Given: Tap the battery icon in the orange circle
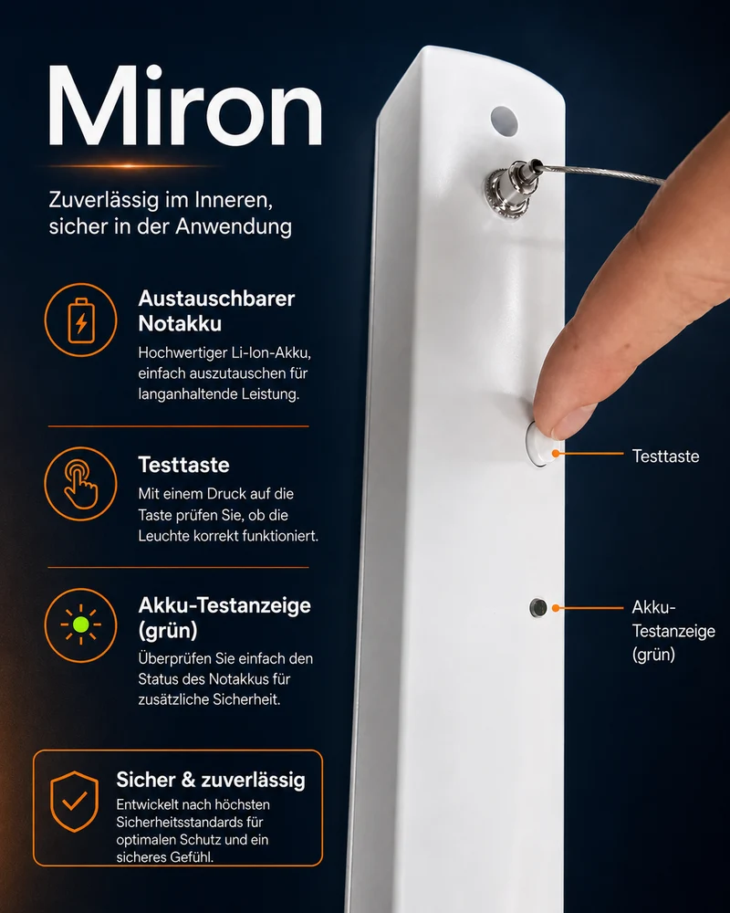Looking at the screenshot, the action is pos(81,320).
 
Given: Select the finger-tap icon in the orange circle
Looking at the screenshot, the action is pos(81,484).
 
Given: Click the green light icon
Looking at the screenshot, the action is pos(81,624).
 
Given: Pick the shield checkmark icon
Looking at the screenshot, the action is pos(75,802).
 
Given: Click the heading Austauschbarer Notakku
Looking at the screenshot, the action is pos(216,311).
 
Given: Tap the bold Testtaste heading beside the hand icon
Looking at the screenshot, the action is pos(184,465).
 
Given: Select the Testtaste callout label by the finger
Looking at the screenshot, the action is pos(665,456).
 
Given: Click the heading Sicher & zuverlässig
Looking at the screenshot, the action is pos(211,779).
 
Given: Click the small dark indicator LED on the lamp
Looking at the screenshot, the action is pos(537,608).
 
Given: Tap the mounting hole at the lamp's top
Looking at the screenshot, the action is pos(504,121).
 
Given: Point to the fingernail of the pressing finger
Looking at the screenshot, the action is pos(573,419).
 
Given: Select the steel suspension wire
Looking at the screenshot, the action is pos(602,173).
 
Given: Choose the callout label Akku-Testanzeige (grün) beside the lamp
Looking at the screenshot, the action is pos(673,631).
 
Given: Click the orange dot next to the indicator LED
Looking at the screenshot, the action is pos(556,608).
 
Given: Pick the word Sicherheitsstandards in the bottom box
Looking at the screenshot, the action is pos(190,823).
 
